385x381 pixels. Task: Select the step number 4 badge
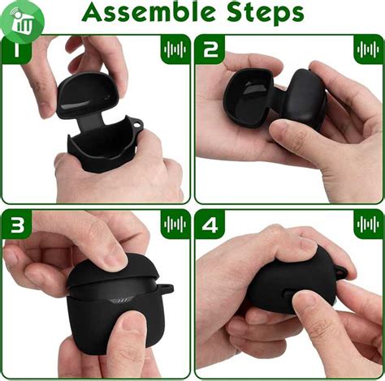[x=210, y=225]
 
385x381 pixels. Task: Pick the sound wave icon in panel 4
[x=368, y=225]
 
